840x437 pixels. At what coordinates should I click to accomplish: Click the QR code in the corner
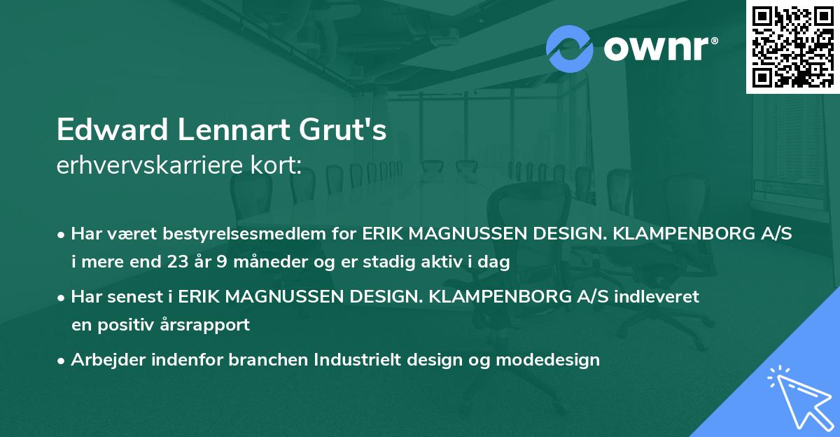click(792, 47)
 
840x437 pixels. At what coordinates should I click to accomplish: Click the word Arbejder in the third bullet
click(102, 360)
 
